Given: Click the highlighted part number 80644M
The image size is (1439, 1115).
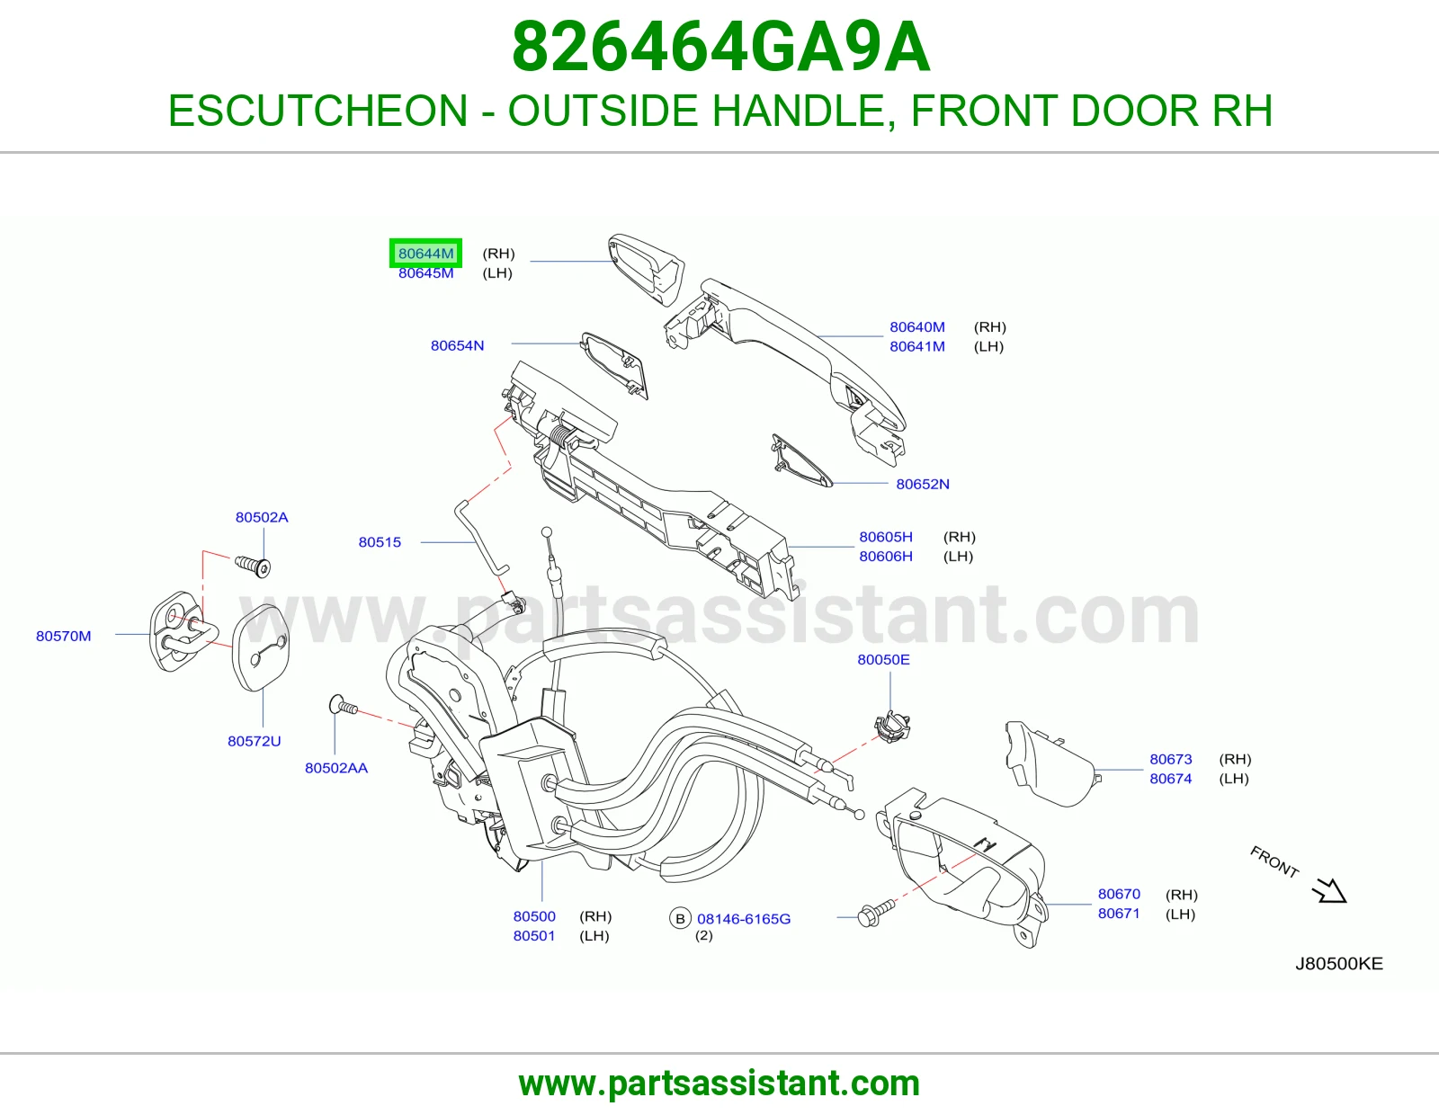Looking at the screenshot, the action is point(425,254).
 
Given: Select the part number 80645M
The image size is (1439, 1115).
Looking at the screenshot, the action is point(425,273).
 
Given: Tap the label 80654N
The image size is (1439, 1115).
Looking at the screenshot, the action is point(457,345).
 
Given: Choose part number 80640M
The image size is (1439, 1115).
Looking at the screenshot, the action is point(917,327).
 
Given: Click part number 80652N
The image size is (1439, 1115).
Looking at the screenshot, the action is point(923,484).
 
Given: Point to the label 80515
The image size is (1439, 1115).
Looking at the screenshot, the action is point(380,542).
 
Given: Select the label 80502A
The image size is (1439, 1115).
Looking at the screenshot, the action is point(262,517).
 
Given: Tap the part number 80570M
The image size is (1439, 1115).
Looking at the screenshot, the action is point(64,637).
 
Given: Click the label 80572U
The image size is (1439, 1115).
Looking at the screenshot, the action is point(255,741).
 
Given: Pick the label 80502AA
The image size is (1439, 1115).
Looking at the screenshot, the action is point(335,768).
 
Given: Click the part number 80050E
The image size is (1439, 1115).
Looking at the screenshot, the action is point(883,659).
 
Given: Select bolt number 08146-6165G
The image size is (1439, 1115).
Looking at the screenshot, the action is point(744,919).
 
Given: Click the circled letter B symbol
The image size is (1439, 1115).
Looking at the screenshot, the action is point(680,919).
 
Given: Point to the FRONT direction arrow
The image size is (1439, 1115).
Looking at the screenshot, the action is point(1329,890).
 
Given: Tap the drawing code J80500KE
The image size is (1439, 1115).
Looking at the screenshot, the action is point(1339,963).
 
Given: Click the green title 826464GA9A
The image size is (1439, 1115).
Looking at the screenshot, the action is point(721,47).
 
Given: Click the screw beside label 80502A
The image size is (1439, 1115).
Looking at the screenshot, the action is point(253,566).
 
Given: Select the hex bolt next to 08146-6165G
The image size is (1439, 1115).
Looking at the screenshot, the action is point(875,912).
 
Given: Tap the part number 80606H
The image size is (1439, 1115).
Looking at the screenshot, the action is point(885,557).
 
